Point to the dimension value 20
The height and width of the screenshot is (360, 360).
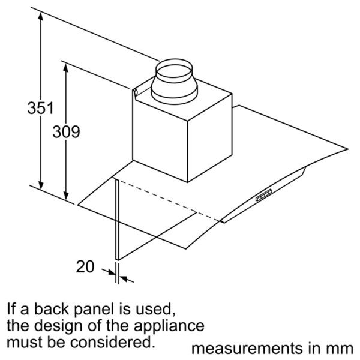[x=86, y=266]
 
